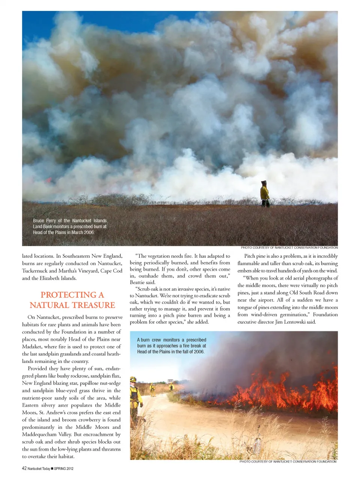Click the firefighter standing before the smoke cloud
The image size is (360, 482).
pos(265,194)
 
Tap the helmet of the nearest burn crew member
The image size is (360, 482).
pos(133,380)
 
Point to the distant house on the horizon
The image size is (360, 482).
pos(170,380)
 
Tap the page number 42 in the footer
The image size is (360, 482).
pos(24,468)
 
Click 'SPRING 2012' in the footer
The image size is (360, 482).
pos(64,468)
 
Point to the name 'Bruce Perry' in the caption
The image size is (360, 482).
pos(44,221)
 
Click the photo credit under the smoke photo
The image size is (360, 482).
pos(289,248)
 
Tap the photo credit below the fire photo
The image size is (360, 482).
pos(288,462)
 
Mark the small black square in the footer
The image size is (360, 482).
pos(52,468)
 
